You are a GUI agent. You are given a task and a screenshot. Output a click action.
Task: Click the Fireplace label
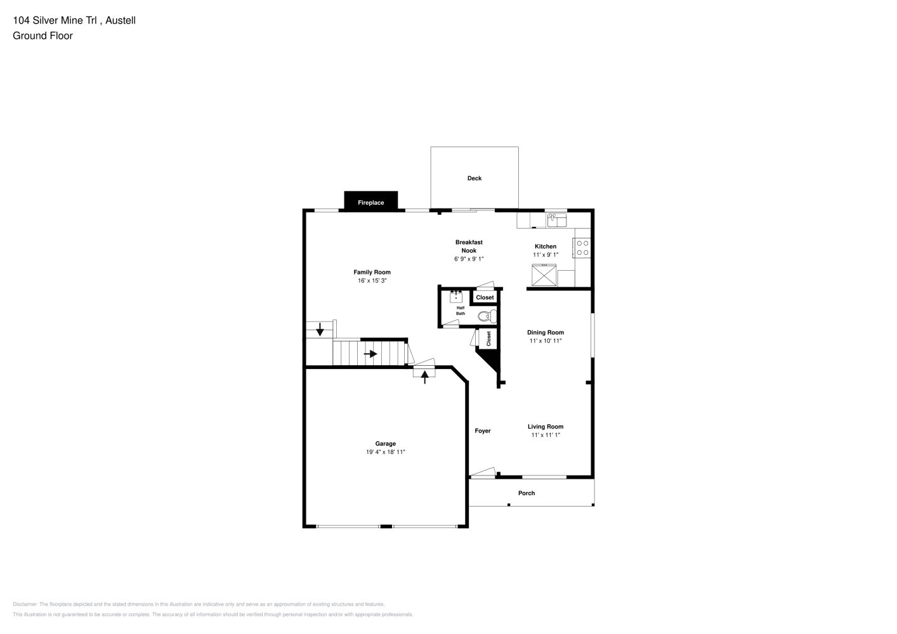click(371, 202)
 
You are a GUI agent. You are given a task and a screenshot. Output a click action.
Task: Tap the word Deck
click(474, 178)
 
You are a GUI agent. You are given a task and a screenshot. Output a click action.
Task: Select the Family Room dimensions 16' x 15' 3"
click(372, 281)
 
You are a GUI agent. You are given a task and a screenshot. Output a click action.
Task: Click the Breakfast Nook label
click(469, 246)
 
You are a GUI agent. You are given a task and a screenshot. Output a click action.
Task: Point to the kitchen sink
click(556, 220)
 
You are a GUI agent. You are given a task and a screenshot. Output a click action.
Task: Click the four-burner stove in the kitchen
click(582, 248)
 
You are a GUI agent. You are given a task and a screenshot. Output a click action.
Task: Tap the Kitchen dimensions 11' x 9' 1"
click(546, 255)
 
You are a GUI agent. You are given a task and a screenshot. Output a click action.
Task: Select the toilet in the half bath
click(487, 316)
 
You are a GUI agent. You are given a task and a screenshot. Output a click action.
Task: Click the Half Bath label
click(461, 311)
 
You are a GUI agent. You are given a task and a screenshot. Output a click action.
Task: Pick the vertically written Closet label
click(488, 339)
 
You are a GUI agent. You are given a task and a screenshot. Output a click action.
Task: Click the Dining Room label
click(546, 332)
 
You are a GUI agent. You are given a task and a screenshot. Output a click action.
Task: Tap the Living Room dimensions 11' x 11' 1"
click(546, 435)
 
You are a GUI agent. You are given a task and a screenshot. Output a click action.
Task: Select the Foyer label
click(483, 430)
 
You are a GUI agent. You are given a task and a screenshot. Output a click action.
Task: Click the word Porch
click(526, 493)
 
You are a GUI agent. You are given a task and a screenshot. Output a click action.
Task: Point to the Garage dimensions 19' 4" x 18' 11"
click(385, 452)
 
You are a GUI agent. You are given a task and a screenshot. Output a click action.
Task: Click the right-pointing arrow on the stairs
click(370, 354)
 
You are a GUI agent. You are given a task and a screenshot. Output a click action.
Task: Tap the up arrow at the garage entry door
click(425, 377)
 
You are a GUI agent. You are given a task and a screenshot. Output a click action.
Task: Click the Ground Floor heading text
click(43, 36)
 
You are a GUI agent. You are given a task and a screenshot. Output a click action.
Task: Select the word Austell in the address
click(121, 20)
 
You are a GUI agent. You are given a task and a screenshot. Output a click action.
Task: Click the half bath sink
click(456, 297)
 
